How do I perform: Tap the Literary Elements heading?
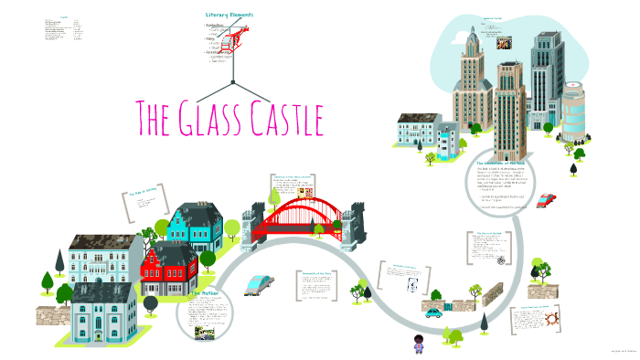(x=229, y=15)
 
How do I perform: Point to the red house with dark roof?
(x=170, y=265)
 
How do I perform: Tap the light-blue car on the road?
(x=258, y=284)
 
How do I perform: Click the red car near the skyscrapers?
(x=546, y=199)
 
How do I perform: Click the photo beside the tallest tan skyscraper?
(x=502, y=41)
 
